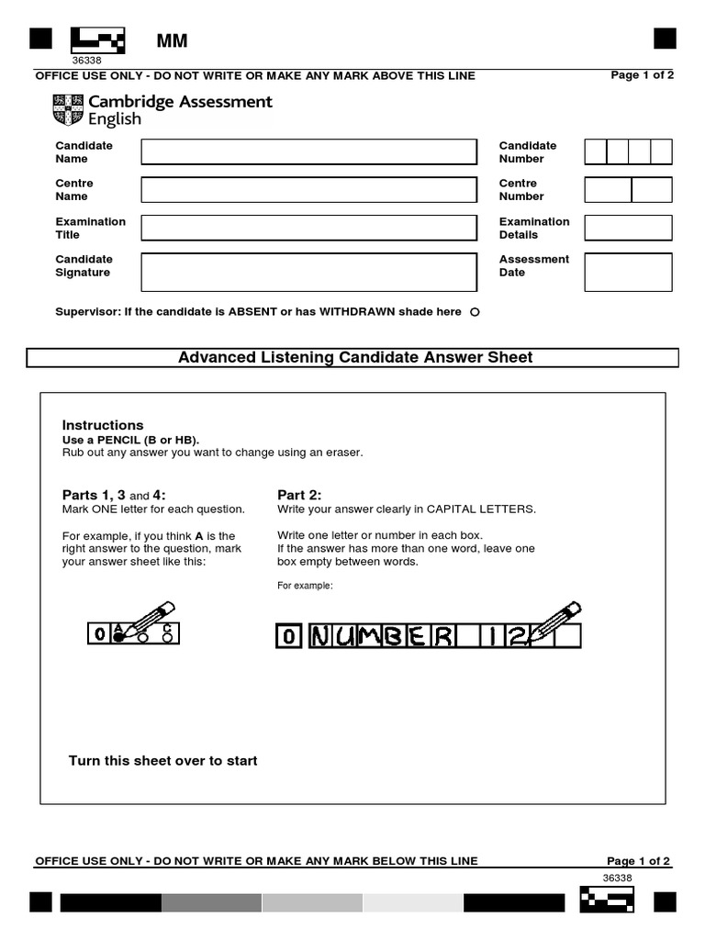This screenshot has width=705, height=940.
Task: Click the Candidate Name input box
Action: (308, 151)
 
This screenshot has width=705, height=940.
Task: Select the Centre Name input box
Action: (308, 189)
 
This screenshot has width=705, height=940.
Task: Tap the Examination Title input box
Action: (308, 228)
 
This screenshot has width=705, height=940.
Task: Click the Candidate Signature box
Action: (308, 272)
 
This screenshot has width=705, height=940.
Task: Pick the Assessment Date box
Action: (628, 272)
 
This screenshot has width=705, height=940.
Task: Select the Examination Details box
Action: (628, 228)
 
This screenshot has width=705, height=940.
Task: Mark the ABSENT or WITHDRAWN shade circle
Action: (475, 312)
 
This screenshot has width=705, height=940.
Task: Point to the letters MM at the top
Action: (171, 40)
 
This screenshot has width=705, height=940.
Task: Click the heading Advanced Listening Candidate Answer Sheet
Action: (354, 357)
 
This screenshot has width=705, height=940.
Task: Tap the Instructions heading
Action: (103, 425)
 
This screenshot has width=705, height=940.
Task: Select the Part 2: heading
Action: (299, 495)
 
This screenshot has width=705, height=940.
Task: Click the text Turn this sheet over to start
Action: (163, 760)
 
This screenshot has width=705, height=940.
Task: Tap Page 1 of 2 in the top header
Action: (642, 75)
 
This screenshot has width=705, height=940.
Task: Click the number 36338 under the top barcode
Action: (86, 61)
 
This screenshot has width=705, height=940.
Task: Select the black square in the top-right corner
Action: (665, 39)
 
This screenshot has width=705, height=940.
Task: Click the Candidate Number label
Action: (528, 151)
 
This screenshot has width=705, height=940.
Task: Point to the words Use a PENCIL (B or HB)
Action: (130, 440)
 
